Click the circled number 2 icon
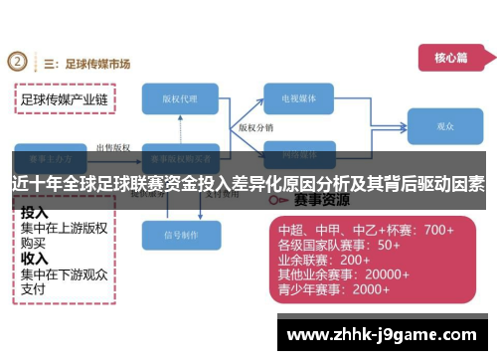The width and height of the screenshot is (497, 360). [17, 61]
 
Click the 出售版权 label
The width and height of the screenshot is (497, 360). [112, 147]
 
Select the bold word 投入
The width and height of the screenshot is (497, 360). [35, 212]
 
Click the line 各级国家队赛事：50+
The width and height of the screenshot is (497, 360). [339, 245]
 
